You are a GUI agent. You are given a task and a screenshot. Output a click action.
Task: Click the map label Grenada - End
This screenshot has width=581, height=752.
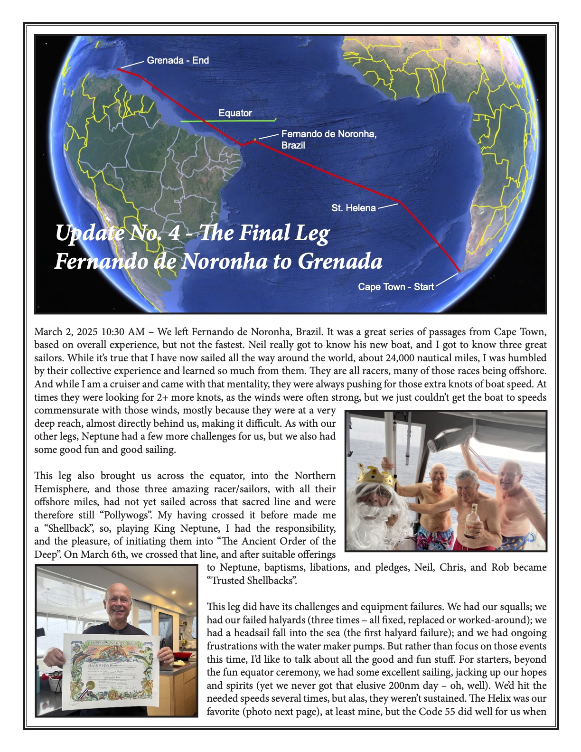coord(178,61)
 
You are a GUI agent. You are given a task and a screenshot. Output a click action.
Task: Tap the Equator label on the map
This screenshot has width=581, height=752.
coord(235,113)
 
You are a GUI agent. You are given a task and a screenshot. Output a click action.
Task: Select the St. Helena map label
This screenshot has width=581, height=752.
coord(354,208)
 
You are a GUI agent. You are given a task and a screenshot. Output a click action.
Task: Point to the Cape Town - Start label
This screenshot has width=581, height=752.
coord(396,287)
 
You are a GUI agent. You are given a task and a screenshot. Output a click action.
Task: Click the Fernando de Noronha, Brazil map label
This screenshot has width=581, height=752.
coord(328,140)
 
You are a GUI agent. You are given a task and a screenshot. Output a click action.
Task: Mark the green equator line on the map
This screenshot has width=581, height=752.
coord(228,121)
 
